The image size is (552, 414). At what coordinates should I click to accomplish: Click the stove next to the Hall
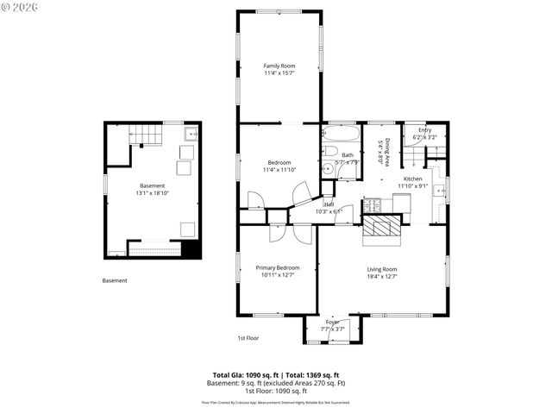373,206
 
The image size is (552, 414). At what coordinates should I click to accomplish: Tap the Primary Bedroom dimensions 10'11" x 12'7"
277,275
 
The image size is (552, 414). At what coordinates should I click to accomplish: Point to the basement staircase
144,135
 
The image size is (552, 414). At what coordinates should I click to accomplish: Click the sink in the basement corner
190,135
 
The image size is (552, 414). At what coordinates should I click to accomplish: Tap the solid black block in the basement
191,248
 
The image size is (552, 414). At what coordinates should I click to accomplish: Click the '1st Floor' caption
248,338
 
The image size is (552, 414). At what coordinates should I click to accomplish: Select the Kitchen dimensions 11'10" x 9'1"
412,185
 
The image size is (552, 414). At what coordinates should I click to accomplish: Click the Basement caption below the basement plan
115,280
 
